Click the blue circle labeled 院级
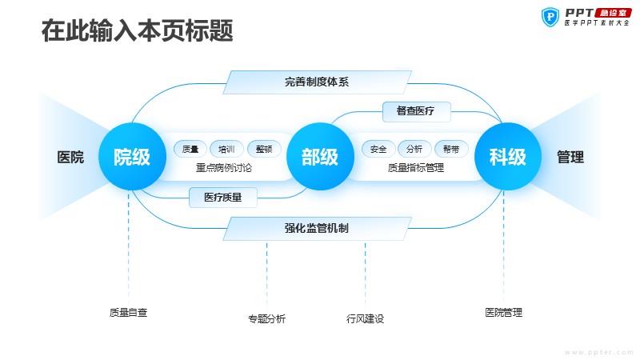pyautogui.click(x=132, y=157)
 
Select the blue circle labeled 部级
pyautogui.click(x=320, y=157)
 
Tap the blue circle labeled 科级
pyautogui.click(x=508, y=157)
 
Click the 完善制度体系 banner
pyautogui.click(x=317, y=82)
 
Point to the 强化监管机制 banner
pyautogui.click(x=317, y=228)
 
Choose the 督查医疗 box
pyautogui.click(x=416, y=111)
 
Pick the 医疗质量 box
pyautogui.click(x=223, y=198)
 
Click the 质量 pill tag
pyautogui.click(x=190, y=149)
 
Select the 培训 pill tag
pyautogui.click(x=226, y=149)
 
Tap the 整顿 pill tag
pyautogui.click(x=264, y=149)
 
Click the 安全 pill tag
pyautogui.click(x=378, y=149)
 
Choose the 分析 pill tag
pyautogui.click(x=414, y=149)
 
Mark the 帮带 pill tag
pyautogui.click(x=451, y=149)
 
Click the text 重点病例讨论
pyautogui.click(x=224, y=168)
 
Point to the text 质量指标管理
pyautogui.click(x=416, y=168)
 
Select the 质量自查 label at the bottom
pyautogui.click(x=128, y=313)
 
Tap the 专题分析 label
pyautogui.click(x=267, y=318)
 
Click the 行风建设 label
pyautogui.click(x=366, y=318)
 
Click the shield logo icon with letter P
pyautogui.click(x=550, y=17)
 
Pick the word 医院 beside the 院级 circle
pyautogui.click(x=70, y=157)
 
